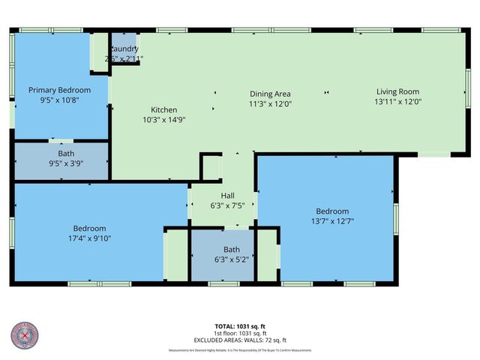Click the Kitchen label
tap(163, 109)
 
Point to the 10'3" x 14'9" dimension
tap(163, 119)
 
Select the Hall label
tap(227, 195)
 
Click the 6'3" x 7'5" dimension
tap(227, 205)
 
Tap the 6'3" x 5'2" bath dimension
tap(232, 259)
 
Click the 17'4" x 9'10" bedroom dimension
tap(89, 238)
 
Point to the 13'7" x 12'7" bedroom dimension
tap(331, 221)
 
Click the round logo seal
tap(25, 336)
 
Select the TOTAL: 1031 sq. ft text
tap(241, 327)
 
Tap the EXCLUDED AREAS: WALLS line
tap(241, 340)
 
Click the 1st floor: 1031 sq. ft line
tap(241, 334)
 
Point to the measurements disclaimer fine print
tap(240, 350)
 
